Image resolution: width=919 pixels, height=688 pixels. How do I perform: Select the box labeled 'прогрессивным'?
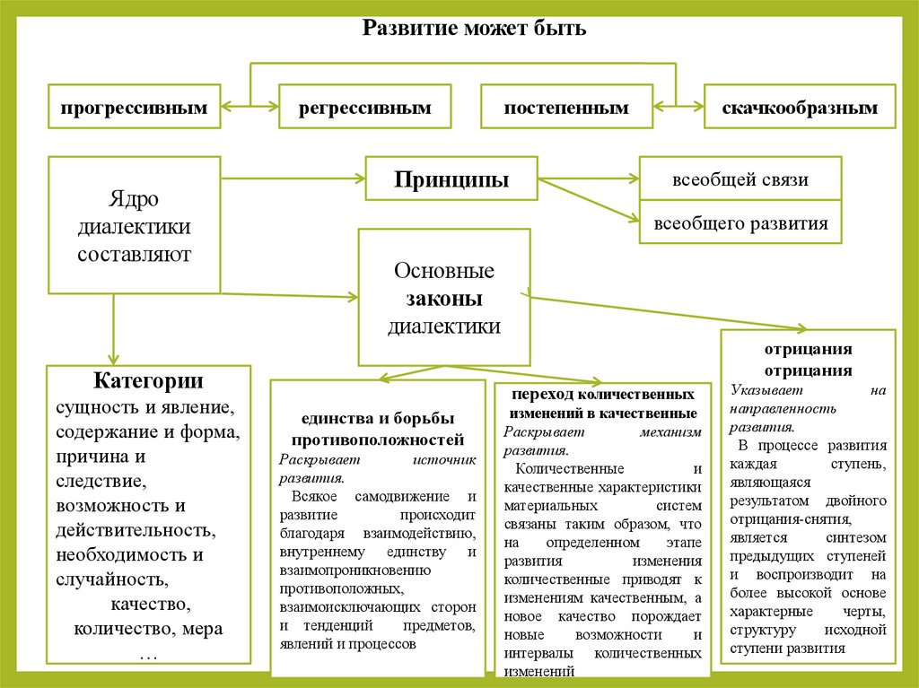[135, 108]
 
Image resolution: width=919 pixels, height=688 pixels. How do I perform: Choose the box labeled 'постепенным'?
[566, 108]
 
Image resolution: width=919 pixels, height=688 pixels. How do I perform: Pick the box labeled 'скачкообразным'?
[800, 108]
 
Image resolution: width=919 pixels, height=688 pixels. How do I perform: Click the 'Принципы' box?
[451, 179]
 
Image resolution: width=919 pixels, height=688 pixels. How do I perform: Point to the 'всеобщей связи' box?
[740, 179]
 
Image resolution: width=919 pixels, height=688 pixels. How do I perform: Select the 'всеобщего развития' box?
[740, 222]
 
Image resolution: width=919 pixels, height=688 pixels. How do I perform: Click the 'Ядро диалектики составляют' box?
[135, 226]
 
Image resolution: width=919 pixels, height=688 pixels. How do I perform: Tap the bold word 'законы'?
[444, 299]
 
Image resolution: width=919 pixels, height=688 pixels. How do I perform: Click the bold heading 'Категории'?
[148, 380]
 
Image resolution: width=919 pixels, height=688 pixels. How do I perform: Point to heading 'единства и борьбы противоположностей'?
[377, 430]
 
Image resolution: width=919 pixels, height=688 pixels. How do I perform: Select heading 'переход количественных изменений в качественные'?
[603, 404]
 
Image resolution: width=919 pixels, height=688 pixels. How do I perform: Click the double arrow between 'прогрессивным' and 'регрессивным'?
[249, 108]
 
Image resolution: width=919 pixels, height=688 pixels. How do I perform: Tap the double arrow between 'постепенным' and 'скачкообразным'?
[678, 108]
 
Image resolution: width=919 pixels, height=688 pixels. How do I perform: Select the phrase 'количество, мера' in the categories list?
[148, 627]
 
